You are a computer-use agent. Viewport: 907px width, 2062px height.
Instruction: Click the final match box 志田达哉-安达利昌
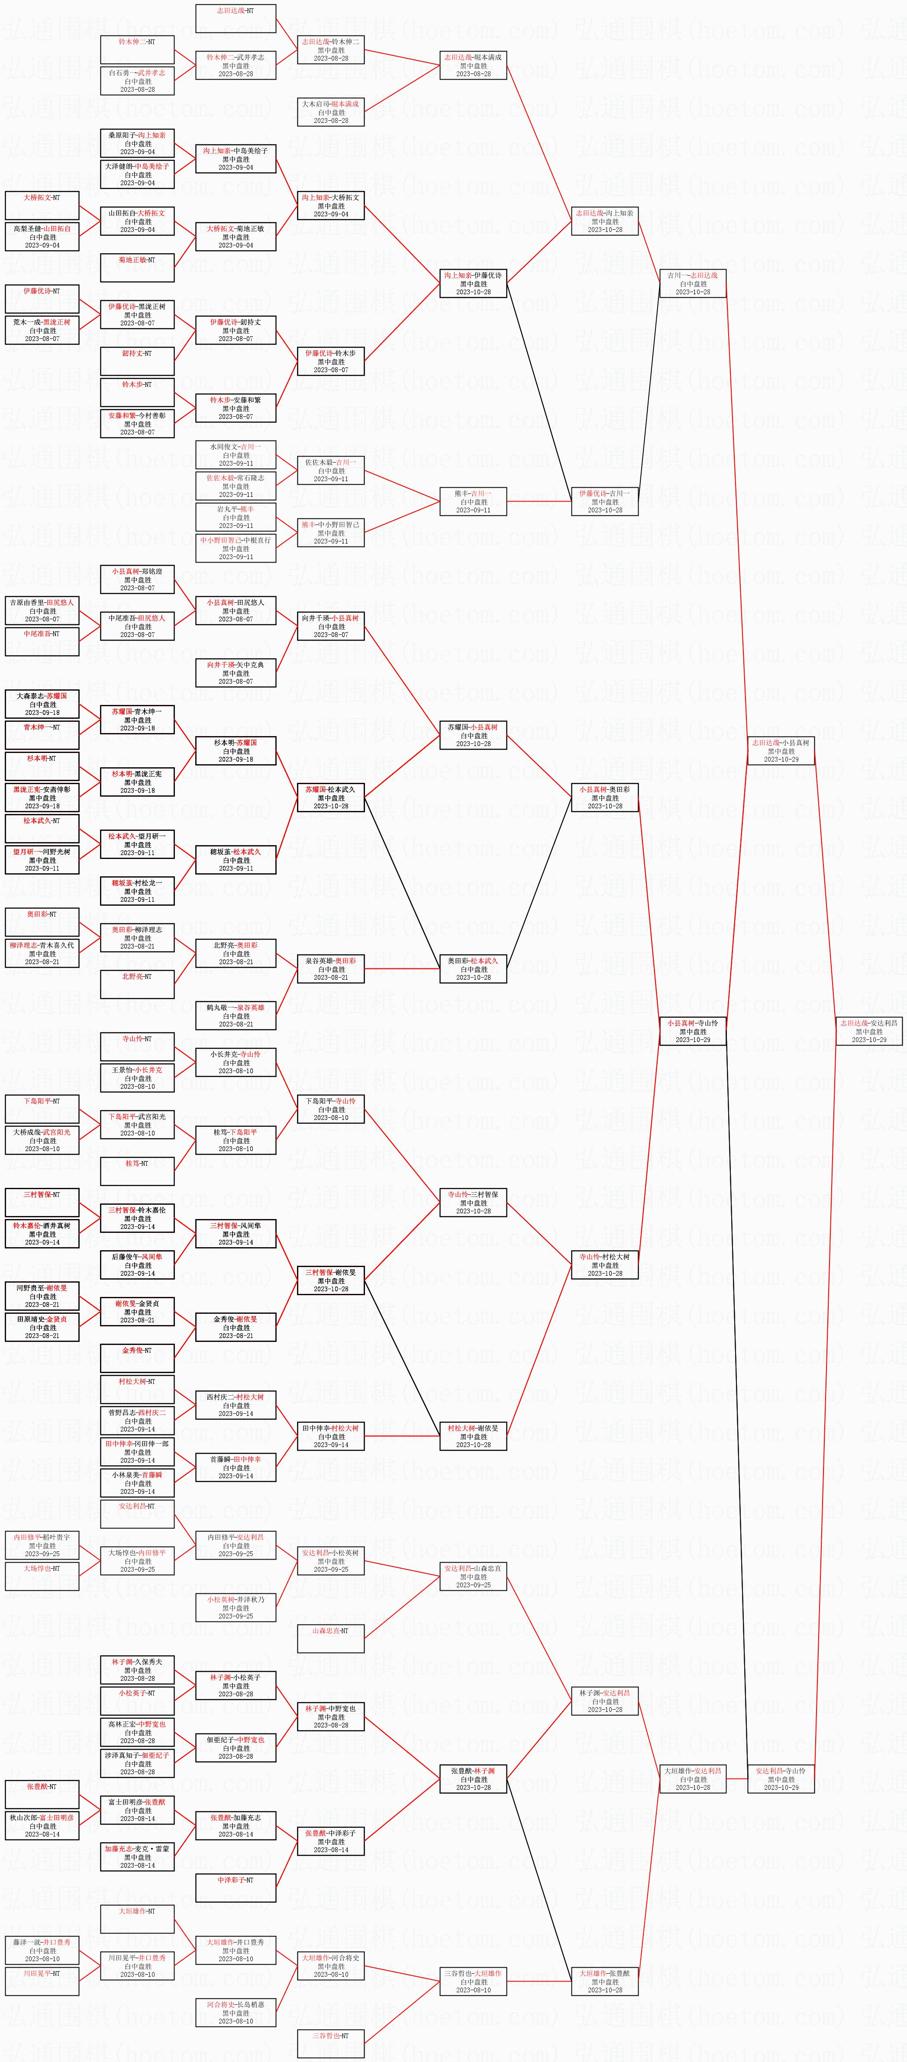[x=868, y=1031]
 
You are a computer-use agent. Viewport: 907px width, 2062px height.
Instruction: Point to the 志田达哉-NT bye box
[x=236, y=19]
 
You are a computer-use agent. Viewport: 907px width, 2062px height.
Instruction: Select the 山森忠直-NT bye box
[x=331, y=1638]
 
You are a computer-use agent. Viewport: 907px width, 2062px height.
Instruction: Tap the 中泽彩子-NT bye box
[x=236, y=1888]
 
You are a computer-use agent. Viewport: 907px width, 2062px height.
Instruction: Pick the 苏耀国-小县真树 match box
[x=473, y=735]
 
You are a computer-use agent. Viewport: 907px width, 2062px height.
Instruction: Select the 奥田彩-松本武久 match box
[x=473, y=968]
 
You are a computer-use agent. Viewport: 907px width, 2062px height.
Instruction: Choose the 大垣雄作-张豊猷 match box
[x=604, y=1981]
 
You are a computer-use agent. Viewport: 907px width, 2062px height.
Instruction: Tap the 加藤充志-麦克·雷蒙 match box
[x=138, y=1856]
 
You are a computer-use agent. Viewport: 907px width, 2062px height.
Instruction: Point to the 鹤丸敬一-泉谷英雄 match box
[x=236, y=1016]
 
